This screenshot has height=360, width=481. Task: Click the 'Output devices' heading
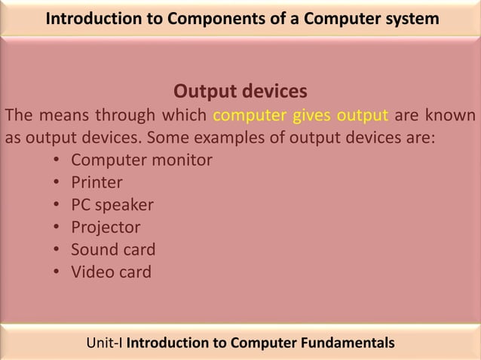pos(240,92)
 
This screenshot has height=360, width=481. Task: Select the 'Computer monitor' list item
pos(141,160)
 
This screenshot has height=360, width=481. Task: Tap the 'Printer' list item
pos(97,182)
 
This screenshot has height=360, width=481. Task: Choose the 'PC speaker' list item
pos(112,205)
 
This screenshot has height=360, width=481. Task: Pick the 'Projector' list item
pos(106,227)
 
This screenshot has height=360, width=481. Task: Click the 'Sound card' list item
pos(113,249)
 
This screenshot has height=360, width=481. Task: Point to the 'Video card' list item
pos(111,271)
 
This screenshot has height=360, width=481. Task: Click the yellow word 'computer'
pos(250,116)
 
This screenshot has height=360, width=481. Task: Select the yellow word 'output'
pos(363,116)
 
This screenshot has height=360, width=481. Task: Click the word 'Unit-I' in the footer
pos(105,343)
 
